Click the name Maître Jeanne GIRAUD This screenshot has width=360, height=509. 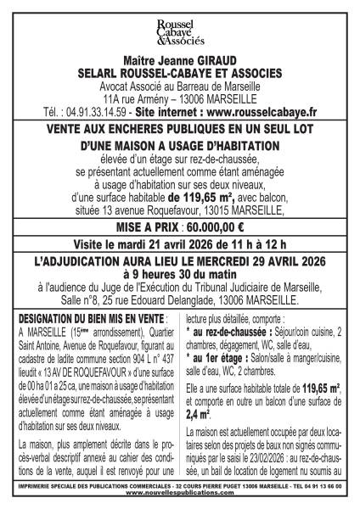tap(180, 61)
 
